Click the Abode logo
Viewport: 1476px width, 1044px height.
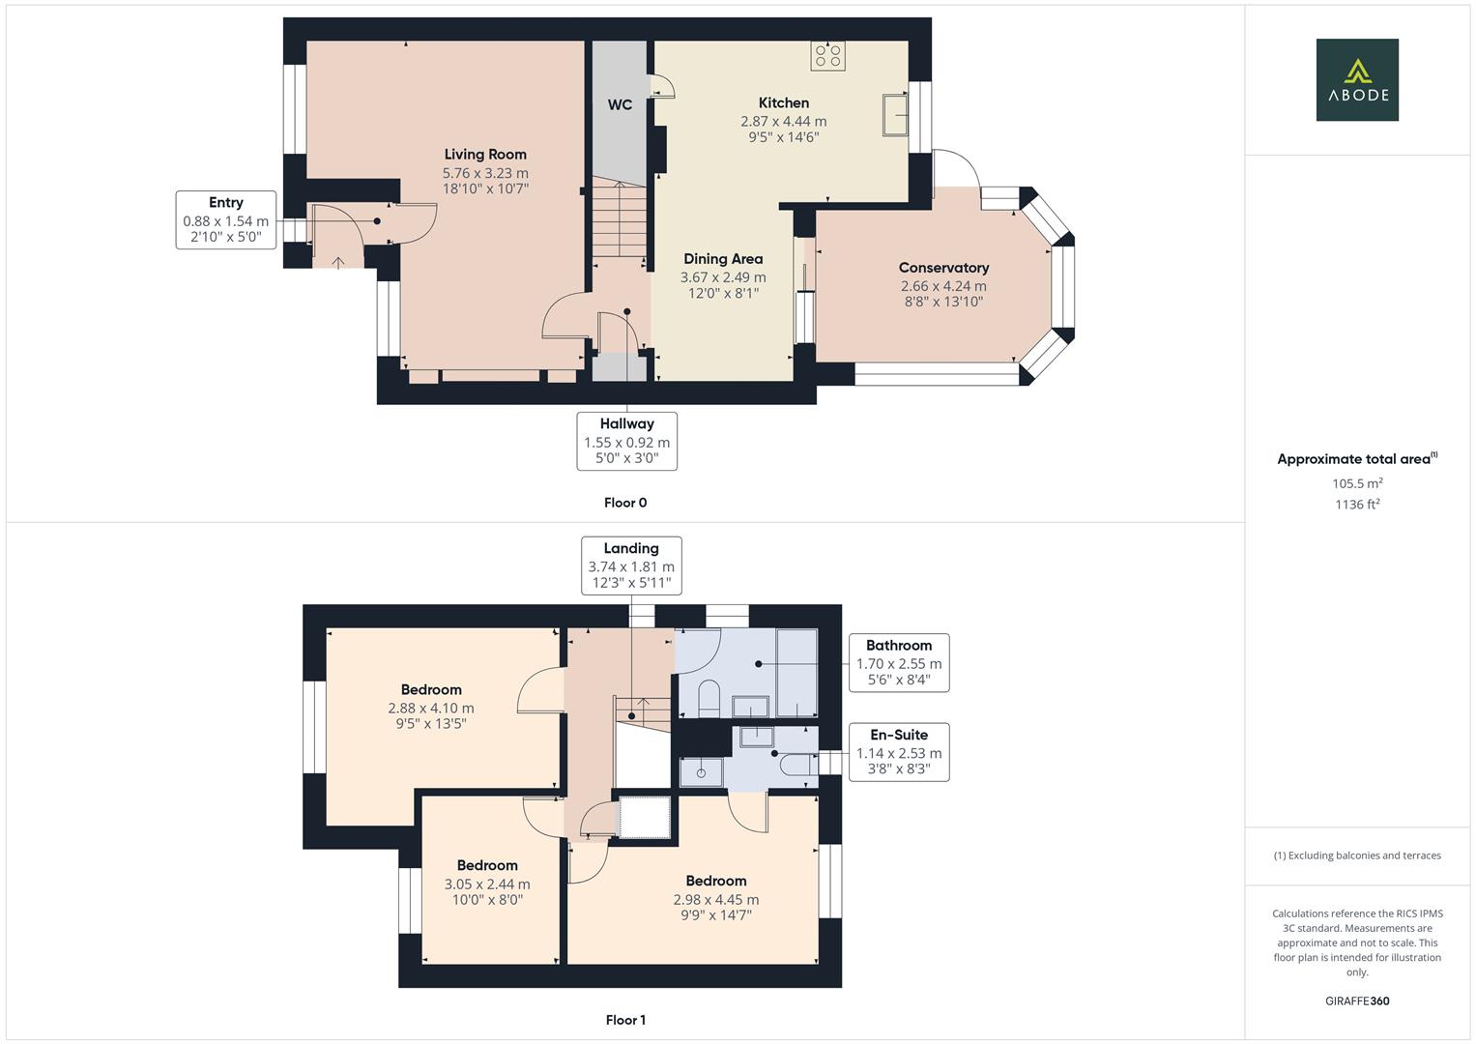point(1356,79)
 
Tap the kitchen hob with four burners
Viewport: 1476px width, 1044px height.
point(828,55)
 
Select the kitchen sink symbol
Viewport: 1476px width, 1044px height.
point(894,115)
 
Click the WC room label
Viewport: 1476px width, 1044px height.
point(620,104)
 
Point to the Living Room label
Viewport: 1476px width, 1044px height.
point(485,154)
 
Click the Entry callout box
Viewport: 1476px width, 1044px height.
point(226,219)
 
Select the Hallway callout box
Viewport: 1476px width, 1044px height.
point(626,441)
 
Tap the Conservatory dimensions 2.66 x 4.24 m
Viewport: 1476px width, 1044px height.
point(943,286)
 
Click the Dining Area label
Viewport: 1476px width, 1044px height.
point(723,258)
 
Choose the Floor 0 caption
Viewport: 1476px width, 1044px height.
point(625,503)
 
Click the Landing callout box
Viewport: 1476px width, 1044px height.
point(631,565)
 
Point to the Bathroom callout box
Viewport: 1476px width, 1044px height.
point(898,663)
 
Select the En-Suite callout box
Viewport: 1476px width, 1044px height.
point(898,752)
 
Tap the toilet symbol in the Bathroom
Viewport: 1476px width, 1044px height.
point(708,698)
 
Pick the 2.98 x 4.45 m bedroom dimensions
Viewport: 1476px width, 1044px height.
point(716,900)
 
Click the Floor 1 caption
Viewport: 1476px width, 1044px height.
point(625,1020)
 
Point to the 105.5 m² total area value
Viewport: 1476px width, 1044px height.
point(1357,483)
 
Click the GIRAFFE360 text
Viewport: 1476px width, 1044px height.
point(1357,1001)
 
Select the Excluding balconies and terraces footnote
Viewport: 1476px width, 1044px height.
point(1357,855)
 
